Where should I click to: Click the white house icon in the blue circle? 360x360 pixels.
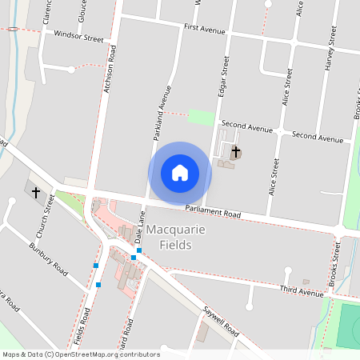click(180, 173)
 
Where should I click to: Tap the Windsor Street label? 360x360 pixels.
click(79, 37)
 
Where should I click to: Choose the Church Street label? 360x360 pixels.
click(46, 218)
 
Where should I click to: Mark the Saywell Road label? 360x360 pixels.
click(220, 321)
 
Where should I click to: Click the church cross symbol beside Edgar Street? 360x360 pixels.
click(235, 151)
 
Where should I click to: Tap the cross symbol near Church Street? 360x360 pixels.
click(35, 192)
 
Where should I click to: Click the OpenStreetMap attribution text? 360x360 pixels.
click(81, 354)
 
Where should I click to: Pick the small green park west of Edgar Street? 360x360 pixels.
click(202, 118)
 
